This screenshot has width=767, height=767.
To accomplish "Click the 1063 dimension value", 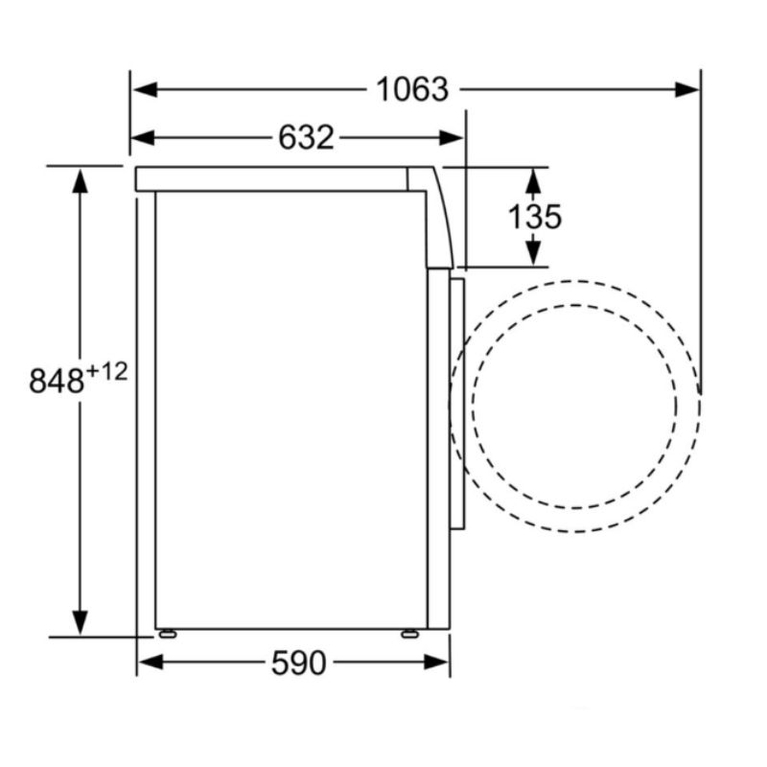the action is click(412, 89).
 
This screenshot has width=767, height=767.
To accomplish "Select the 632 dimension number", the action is click(306, 137).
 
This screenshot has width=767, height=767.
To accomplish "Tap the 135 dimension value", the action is click(535, 217).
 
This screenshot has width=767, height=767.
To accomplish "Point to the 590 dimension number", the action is click(298, 662).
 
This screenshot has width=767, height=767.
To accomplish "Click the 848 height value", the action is click(57, 381).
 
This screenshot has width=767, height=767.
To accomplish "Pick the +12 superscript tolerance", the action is click(106, 372).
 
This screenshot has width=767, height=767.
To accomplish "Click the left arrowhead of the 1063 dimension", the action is click(145, 89).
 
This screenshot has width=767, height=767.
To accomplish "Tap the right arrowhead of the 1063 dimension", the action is click(686, 89).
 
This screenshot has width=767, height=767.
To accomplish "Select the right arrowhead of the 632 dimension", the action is click(451, 137).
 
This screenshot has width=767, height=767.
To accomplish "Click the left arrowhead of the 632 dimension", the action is click(143, 137).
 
